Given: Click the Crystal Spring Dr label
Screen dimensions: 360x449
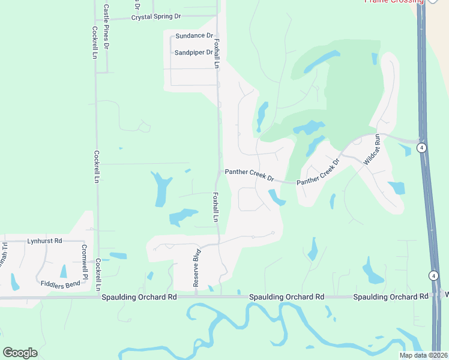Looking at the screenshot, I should point(155,18).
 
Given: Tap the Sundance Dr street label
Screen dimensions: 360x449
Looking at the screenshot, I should point(194,36).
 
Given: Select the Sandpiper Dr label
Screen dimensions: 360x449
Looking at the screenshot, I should point(194,53).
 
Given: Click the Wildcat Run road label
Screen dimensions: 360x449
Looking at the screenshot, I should point(370,149).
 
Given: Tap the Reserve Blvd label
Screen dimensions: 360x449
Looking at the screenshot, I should point(196,268).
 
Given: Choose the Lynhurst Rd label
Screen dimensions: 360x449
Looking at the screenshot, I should point(44,241).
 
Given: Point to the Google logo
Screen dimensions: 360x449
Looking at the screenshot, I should point(20,353).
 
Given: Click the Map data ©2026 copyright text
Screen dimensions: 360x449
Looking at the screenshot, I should point(424,355).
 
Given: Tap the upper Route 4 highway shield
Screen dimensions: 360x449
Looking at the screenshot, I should point(423,148).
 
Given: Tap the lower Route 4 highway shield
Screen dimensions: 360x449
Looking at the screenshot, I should point(433,275).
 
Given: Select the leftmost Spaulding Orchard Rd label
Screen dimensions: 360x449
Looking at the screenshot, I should point(139,297).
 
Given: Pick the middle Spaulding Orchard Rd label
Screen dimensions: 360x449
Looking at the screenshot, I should point(286,297).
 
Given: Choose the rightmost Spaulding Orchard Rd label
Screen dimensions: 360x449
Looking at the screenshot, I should point(391,297).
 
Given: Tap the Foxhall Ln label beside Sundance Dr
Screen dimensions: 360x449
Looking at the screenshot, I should point(217,53).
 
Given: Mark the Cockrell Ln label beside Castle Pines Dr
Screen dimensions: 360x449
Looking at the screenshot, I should point(95,42).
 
